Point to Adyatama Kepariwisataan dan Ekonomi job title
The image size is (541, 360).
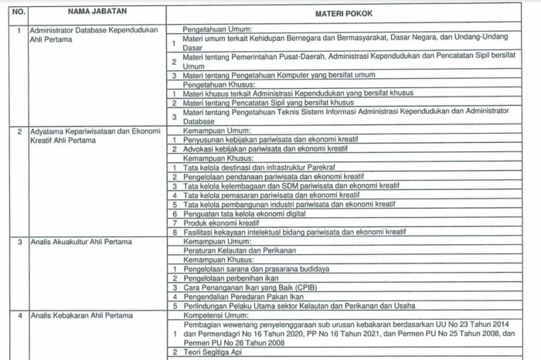pyautogui.click(x=94, y=131)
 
